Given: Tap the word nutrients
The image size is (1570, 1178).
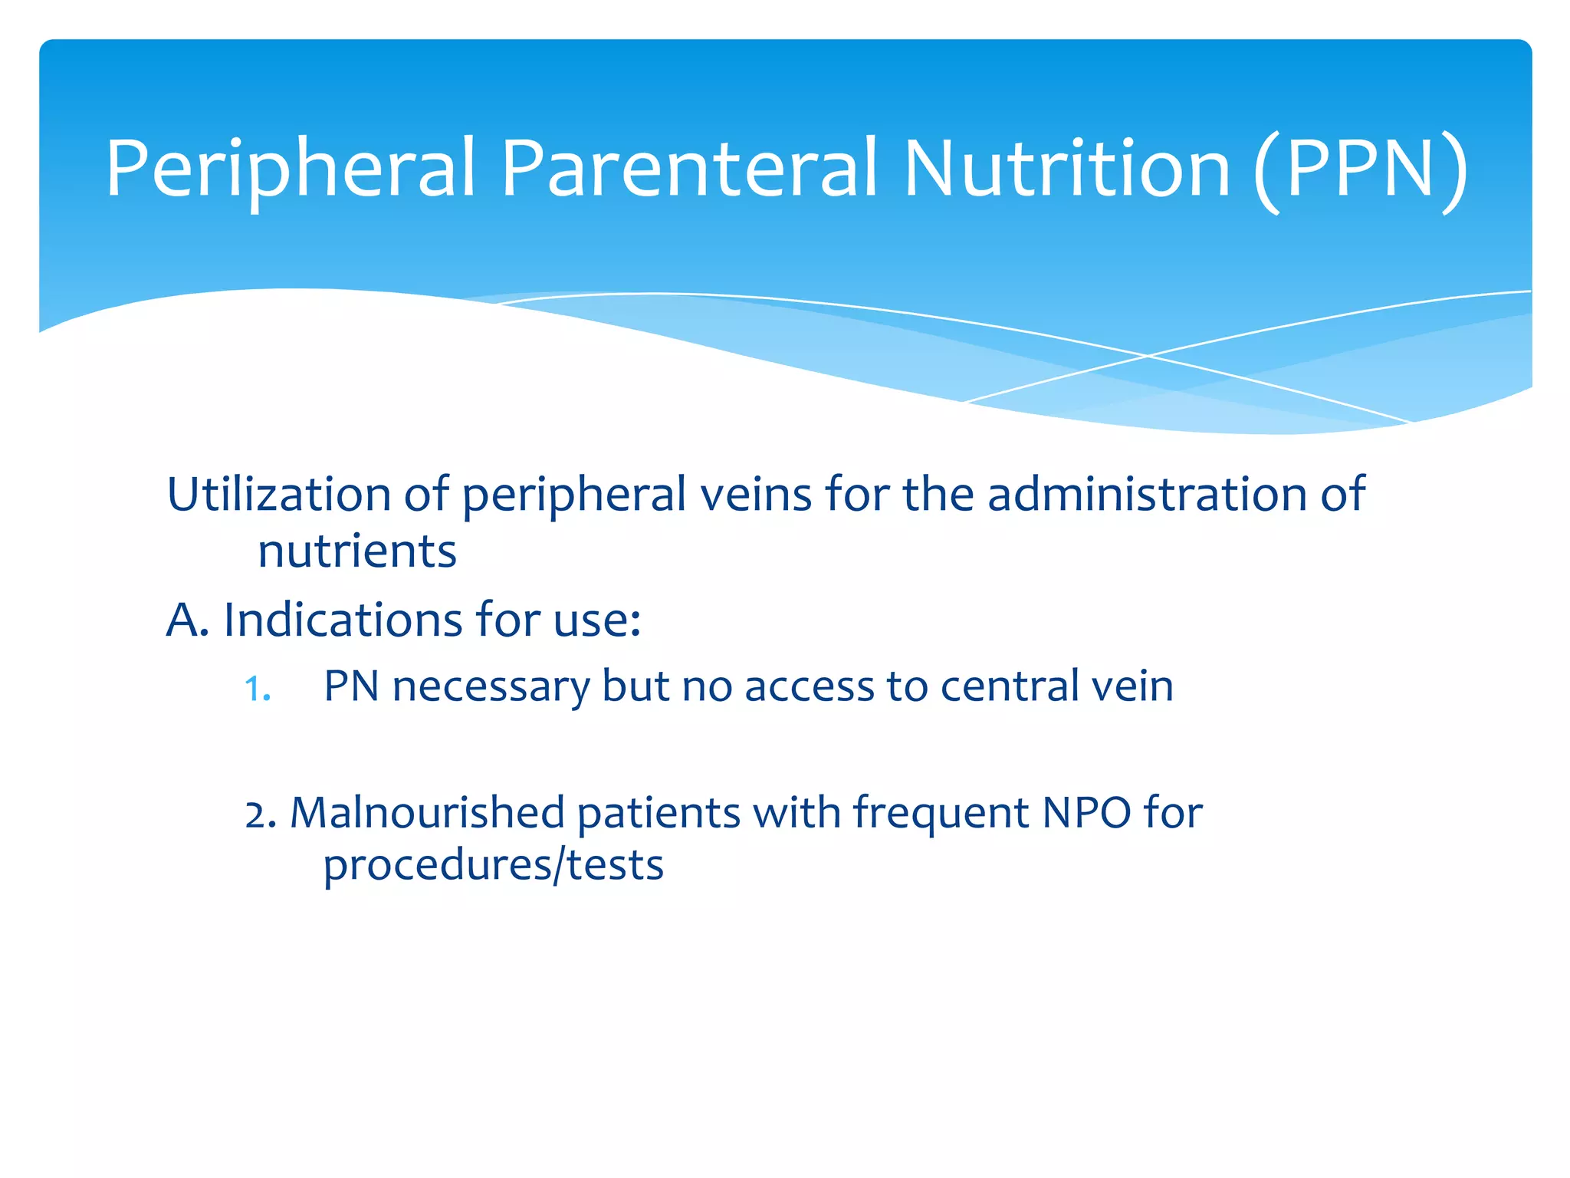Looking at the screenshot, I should [x=356, y=551].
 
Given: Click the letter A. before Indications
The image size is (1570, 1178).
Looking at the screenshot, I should [x=187, y=620].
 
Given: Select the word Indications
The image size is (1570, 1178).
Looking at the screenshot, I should [x=343, y=620].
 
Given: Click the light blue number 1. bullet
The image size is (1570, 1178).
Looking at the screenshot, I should [x=257, y=689].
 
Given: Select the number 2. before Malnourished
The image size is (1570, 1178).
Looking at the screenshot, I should [x=261, y=815].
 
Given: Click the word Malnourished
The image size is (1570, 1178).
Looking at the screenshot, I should [x=427, y=813].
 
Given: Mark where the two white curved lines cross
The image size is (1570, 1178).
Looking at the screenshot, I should [x=1148, y=356].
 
